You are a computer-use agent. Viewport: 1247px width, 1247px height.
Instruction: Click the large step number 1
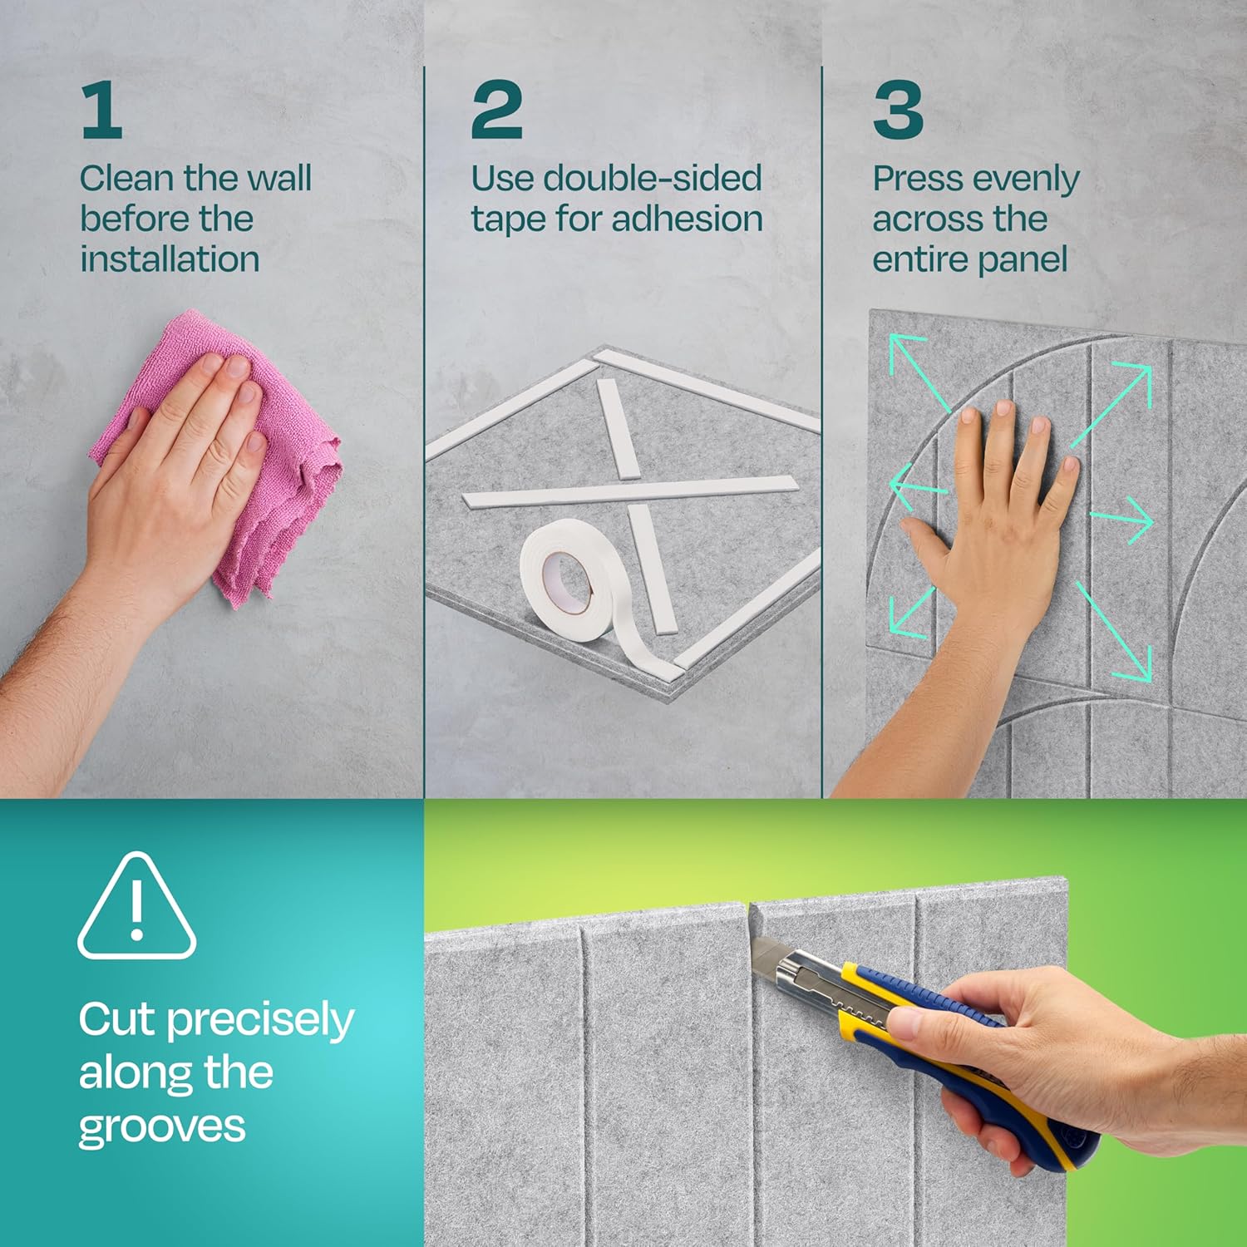click(102, 111)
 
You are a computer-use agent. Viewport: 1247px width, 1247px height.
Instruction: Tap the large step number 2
click(496, 111)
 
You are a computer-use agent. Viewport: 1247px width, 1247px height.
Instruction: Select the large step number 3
click(898, 111)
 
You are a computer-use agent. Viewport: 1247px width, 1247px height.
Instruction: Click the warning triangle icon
click(137, 906)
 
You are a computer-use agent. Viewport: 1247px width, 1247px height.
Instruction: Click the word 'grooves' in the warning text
click(162, 1128)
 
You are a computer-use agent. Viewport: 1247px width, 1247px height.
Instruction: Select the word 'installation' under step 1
click(170, 259)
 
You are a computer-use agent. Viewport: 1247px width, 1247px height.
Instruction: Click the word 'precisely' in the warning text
click(260, 1022)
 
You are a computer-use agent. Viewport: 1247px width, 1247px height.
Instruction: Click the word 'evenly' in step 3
click(1027, 180)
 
